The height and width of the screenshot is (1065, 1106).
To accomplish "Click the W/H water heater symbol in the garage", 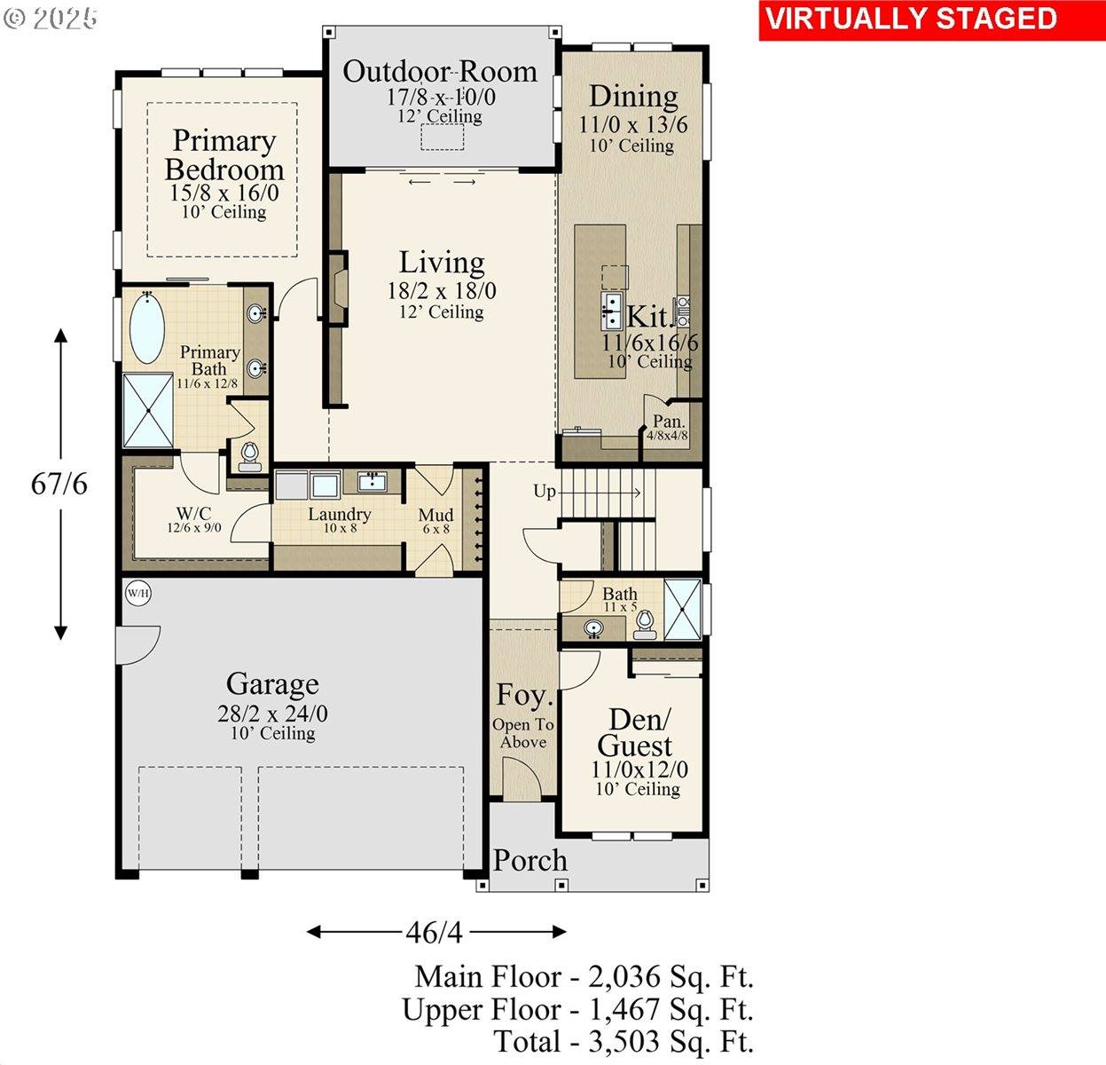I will [137, 592].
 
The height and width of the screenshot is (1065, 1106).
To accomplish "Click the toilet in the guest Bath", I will [645, 625].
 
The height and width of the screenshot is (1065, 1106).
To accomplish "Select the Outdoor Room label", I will [440, 72].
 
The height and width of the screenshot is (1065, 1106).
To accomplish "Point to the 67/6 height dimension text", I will [59, 485].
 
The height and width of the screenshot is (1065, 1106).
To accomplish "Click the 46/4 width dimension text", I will [434, 933].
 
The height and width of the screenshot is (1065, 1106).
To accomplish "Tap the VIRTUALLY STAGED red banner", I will [911, 20].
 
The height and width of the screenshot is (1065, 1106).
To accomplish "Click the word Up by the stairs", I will [544, 491].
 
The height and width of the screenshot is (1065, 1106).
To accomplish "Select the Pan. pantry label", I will [668, 422].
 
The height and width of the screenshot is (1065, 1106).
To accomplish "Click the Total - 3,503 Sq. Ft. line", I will [624, 1041].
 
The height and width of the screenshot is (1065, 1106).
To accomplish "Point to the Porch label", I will [529, 860].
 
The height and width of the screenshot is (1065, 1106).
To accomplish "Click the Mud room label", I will [435, 515].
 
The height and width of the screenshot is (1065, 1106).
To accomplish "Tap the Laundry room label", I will [339, 514].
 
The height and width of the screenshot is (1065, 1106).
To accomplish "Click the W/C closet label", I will [193, 513].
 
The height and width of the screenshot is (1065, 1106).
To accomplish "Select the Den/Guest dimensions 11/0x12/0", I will [639, 769].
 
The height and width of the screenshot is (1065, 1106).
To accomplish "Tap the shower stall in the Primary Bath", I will [148, 409].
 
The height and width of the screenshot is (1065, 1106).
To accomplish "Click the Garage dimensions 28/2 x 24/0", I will [272, 714].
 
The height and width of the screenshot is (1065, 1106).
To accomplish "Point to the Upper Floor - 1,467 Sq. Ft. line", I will [577, 1009].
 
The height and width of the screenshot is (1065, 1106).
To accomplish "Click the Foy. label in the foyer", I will [523, 695].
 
